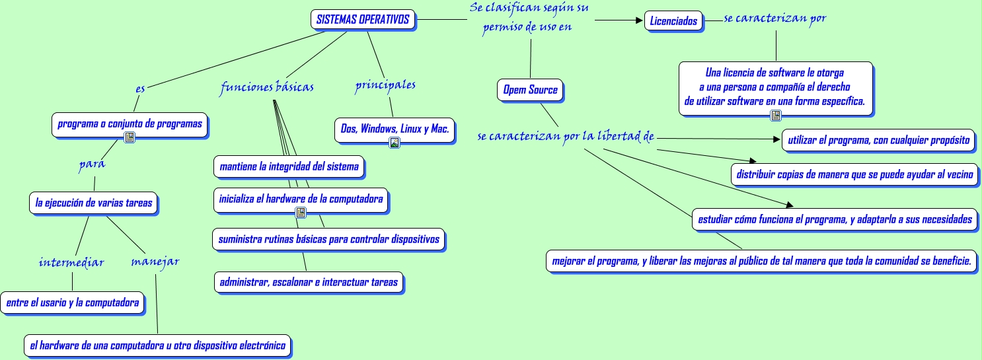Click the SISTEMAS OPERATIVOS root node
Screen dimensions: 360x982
tap(363, 20)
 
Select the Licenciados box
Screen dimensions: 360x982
tap(673, 21)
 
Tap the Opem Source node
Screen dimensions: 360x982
tap(530, 90)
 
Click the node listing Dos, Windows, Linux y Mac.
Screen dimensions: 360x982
tap(395, 129)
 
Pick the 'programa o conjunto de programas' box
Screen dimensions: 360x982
tap(130, 124)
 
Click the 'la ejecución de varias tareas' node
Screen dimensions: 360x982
tap(94, 203)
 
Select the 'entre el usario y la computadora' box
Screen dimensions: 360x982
tap(72, 303)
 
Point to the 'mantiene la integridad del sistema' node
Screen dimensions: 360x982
tap(289, 166)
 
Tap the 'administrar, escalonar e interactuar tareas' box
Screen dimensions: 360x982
tap(309, 282)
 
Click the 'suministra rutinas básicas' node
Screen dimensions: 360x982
tap(328, 239)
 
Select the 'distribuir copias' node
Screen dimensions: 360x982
tap(854, 174)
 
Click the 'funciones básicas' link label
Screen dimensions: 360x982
tap(267, 87)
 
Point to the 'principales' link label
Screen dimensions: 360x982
tap(385, 85)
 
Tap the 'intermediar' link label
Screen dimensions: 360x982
tap(71, 262)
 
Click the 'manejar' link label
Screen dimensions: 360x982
tap(155, 261)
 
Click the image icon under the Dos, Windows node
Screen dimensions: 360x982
tap(395, 143)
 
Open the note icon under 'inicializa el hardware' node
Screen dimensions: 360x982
tap(301, 213)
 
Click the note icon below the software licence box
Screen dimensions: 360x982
tap(776, 116)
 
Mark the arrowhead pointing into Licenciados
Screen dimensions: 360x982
tap(638, 21)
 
